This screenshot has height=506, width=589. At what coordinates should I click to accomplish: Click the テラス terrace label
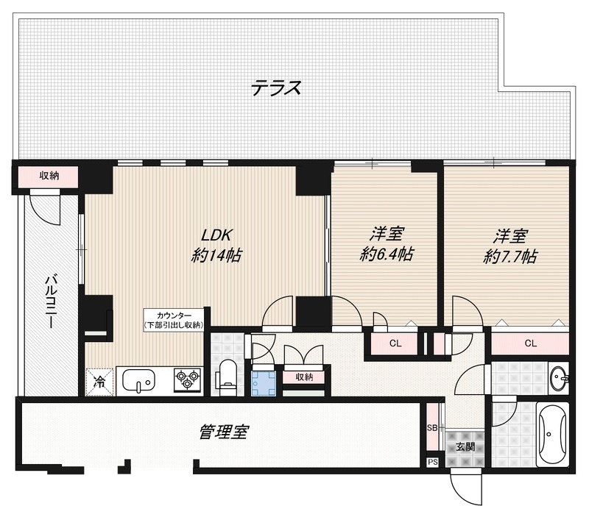click(276, 89)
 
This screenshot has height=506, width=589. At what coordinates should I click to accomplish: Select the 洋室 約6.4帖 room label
click(387, 245)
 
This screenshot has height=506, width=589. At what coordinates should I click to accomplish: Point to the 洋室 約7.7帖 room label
click(510, 246)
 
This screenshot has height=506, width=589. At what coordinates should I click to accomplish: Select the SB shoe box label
click(432, 427)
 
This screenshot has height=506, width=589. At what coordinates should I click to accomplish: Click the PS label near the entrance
click(432, 462)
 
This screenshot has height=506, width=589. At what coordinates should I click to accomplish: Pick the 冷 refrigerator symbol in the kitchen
click(99, 382)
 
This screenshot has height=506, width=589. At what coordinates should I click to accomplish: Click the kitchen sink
click(139, 381)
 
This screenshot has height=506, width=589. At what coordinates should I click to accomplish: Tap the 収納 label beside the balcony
click(49, 176)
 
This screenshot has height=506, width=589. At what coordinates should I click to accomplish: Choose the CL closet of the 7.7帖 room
click(530, 343)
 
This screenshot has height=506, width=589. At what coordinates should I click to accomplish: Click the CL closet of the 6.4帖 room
click(395, 343)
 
